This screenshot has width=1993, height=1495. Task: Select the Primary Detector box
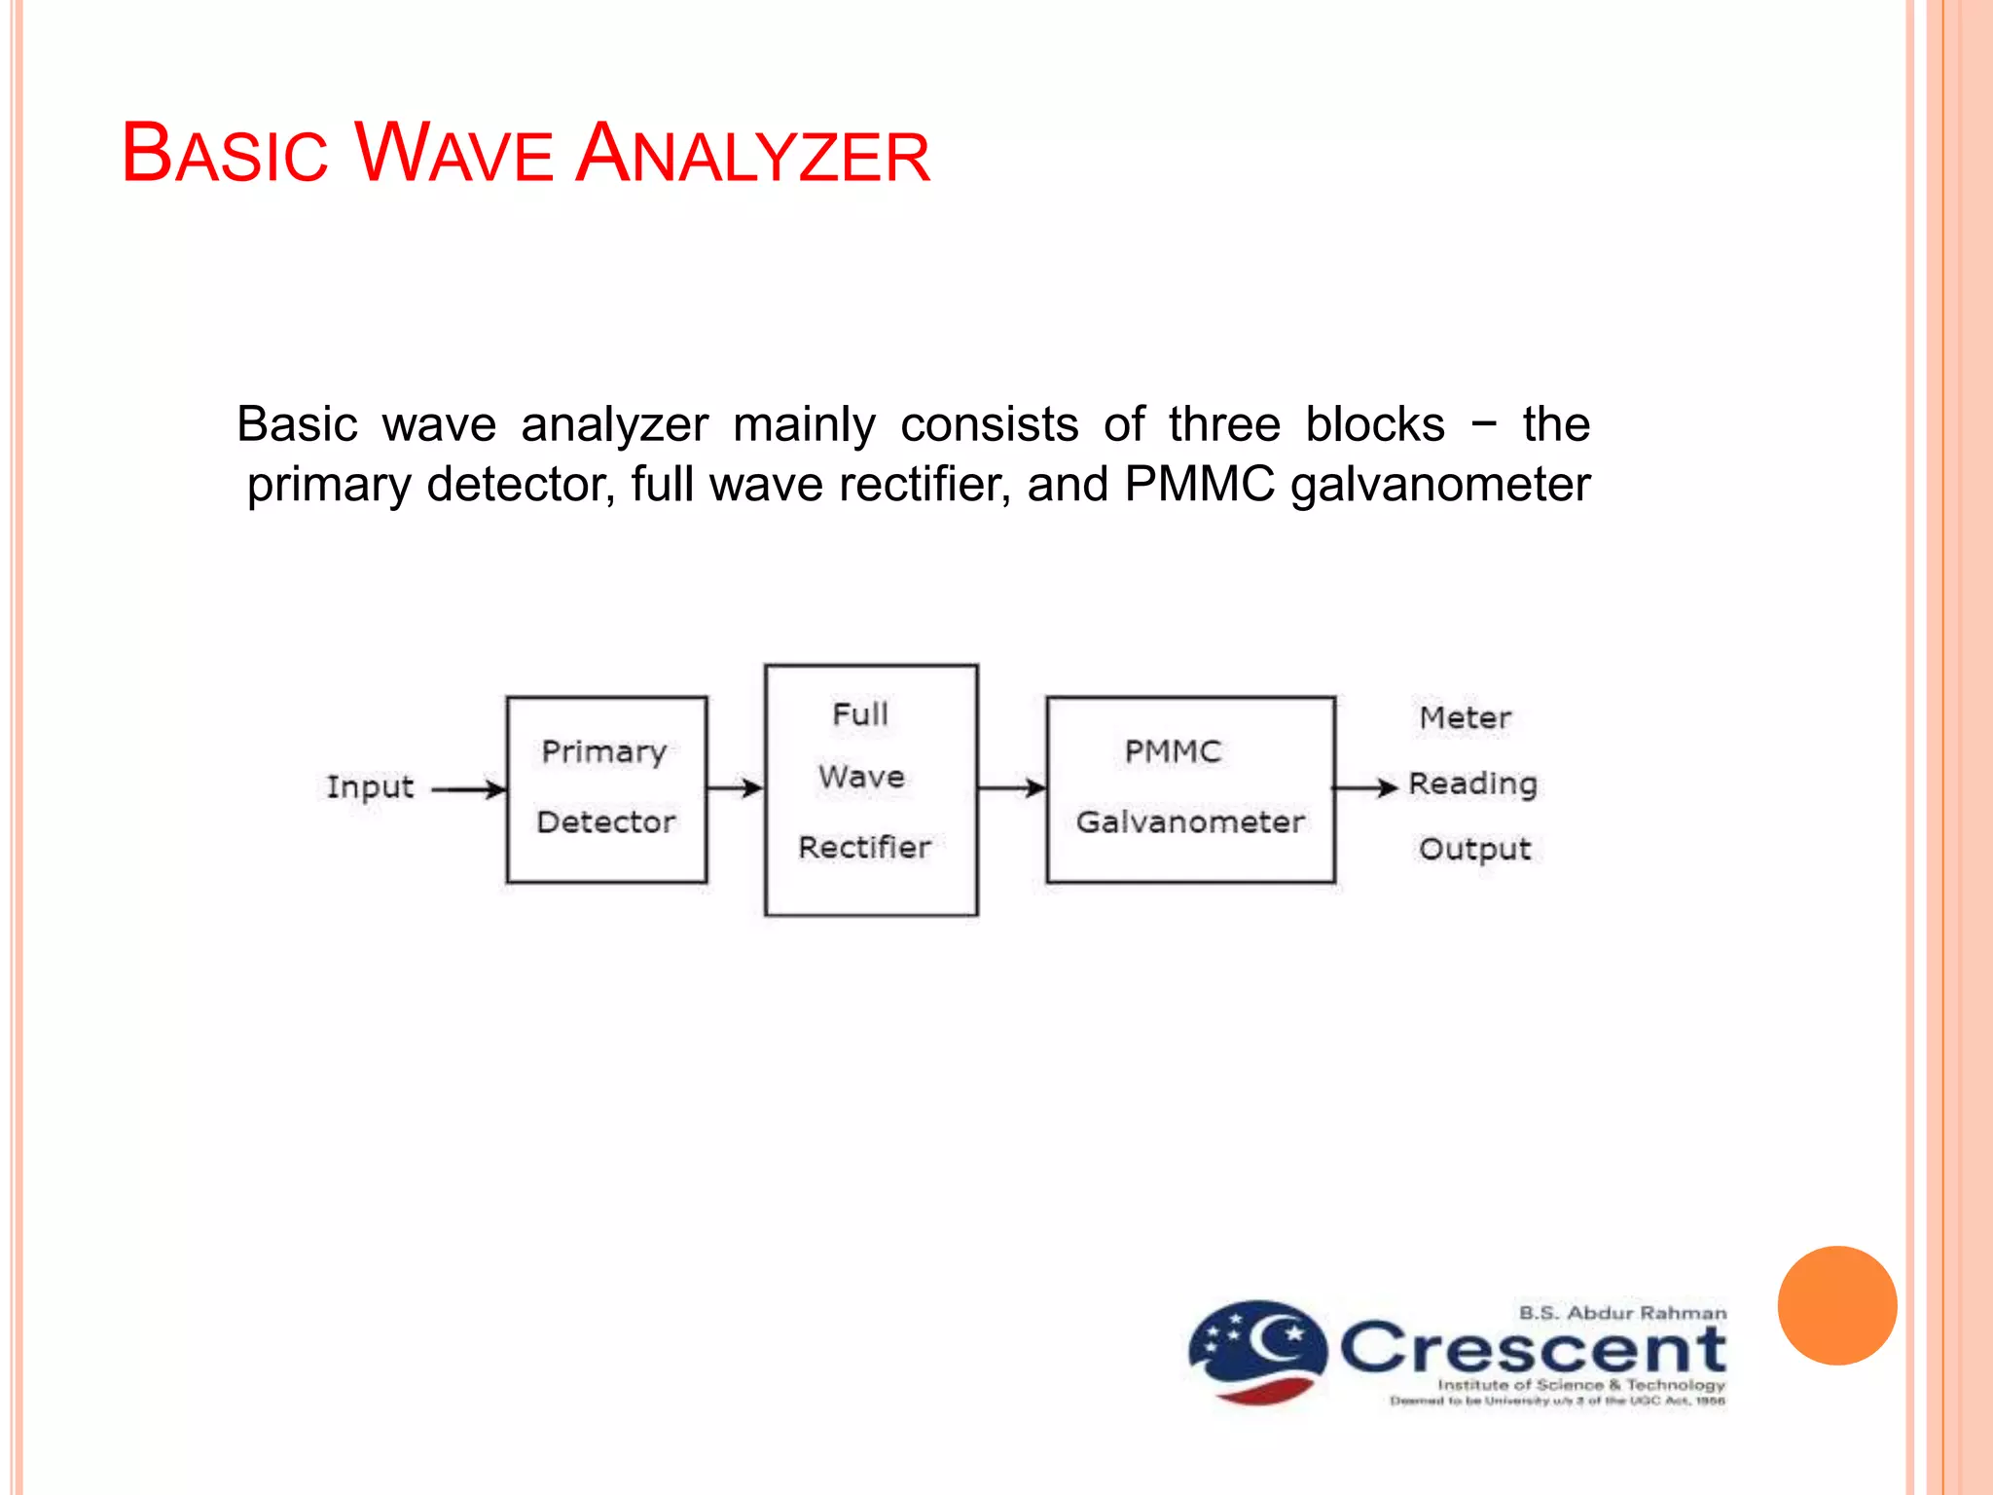click(x=606, y=789)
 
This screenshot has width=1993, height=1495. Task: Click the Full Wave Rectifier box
click(x=871, y=789)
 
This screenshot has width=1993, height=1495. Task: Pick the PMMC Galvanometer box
click(x=1190, y=789)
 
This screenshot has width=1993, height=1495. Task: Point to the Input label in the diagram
click(x=370, y=786)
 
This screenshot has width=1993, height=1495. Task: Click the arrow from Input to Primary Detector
click(x=468, y=789)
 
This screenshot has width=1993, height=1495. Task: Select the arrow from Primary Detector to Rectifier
click(x=735, y=787)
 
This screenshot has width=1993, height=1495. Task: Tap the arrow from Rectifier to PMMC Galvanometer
click(x=1011, y=787)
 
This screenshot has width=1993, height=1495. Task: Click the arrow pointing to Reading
click(x=1364, y=787)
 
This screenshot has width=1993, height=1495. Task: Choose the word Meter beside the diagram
click(x=1465, y=718)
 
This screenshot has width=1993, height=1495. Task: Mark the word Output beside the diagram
click(x=1474, y=849)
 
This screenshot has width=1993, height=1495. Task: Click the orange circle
click(x=1836, y=1305)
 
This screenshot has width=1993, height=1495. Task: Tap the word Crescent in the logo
click(x=1533, y=1349)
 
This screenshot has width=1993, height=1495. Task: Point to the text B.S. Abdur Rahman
click(x=1622, y=1313)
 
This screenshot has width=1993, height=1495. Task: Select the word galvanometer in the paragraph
click(x=1440, y=485)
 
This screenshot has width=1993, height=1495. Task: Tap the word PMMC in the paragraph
click(x=1199, y=485)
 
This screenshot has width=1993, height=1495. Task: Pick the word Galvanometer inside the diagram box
click(x=1190, y=822)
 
